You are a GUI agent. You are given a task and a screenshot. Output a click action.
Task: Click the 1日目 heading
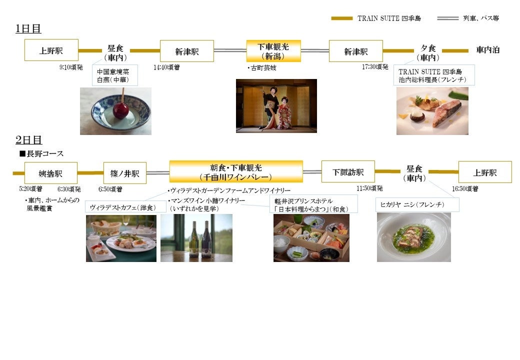pos(28,29)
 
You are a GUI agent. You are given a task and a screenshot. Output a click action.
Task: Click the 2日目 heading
pos(28,140)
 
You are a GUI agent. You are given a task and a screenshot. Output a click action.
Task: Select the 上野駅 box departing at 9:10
pos(51,50)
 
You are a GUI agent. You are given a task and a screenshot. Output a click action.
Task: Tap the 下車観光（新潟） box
pos(273,51)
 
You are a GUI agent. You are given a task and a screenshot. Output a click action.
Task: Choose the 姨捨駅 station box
pos(50,173)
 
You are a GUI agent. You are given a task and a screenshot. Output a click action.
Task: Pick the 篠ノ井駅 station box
pos(124,173)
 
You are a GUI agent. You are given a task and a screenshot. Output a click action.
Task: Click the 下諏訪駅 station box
pos(348,171)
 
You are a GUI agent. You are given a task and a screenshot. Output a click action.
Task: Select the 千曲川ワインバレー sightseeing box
pos(236,171)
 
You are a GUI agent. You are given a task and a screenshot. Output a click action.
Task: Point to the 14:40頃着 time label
pos(167,66)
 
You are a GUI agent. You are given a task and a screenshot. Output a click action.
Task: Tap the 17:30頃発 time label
pos(375,66)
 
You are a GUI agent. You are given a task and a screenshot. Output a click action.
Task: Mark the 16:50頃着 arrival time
pos(465,189)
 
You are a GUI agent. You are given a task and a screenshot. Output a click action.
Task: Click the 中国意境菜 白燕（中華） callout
pos(115,75)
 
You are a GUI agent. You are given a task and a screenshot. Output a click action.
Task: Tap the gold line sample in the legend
pos(341,18)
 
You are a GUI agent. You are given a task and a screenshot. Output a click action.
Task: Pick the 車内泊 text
pos(487,50)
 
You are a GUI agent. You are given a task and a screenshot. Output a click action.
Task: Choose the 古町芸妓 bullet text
pos(262,68)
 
